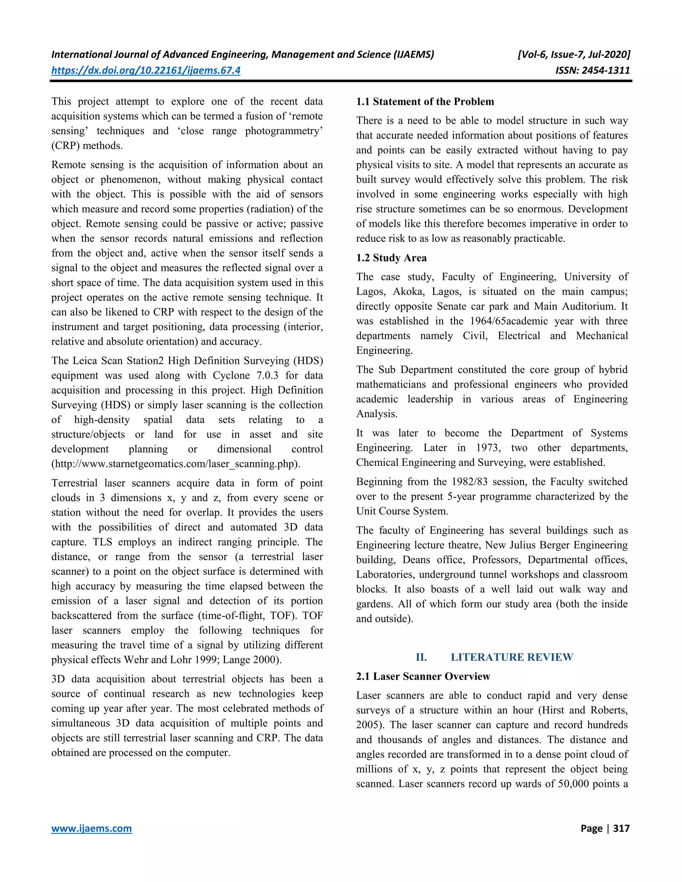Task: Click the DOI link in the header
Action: click(x=146, y=70)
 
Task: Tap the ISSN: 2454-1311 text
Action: click(x=592, y=70)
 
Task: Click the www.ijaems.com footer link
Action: click(x=91, y=828)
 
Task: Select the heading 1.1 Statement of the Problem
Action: click(x=425, y=102)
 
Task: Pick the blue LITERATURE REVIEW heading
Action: click(x=511, y=657)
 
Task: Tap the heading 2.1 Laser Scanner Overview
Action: click(x=423, y=676)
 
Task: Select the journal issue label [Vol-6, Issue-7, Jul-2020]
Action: click(x=574, y=55)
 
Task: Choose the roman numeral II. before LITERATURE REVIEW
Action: click(x=421, y=657)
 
